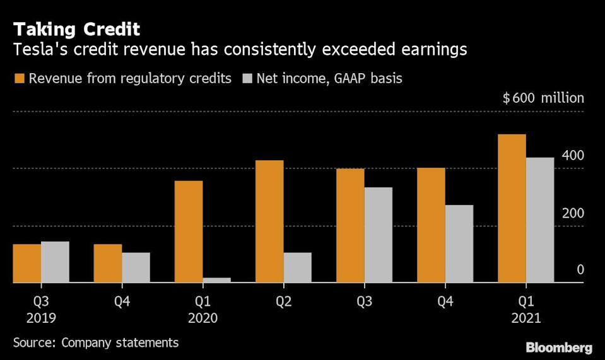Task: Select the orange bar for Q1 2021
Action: [x=512, y=209]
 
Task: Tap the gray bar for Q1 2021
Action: [x=539, y=220]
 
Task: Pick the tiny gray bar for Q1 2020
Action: [x=216, y=280]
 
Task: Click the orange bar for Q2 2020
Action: [x=269, y=221]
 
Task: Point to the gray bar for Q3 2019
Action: [x=55, y=262]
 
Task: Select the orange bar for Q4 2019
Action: [x=108, y=264]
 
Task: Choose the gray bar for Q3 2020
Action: [x=378, y=235]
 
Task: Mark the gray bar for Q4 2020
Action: [x=459, y=244]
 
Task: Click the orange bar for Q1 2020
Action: [x=189, y=232]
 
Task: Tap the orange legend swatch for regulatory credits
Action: [x=19, y=79]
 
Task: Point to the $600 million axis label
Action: [x=543, y=98]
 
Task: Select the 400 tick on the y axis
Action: [x=573, y=156]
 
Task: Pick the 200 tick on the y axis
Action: [x=573, y=213]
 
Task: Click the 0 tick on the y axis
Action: [x=580, y=270]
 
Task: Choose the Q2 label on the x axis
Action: [x=283, y=301]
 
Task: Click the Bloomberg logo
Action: [x=559, y=347]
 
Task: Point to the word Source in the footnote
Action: [x=32, y=342]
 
